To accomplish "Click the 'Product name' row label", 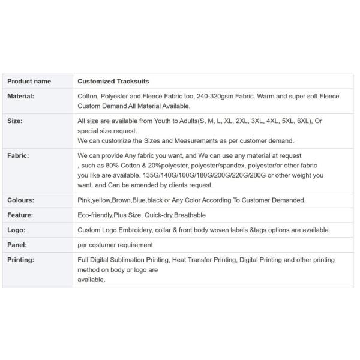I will click(29, 81).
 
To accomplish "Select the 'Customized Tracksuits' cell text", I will click(113, 81).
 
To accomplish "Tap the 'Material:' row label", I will click(20, 96).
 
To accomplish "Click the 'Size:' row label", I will click(15, 121).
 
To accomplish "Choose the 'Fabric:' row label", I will click(18, 155).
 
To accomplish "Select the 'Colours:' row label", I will click(20, 200).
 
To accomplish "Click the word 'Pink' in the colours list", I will click(85, 200).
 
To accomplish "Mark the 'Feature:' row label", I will click(20, 215).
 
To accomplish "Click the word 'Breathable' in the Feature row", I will click(190, 215).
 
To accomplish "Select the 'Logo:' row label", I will click(16, 230).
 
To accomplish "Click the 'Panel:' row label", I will click(17, 245).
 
